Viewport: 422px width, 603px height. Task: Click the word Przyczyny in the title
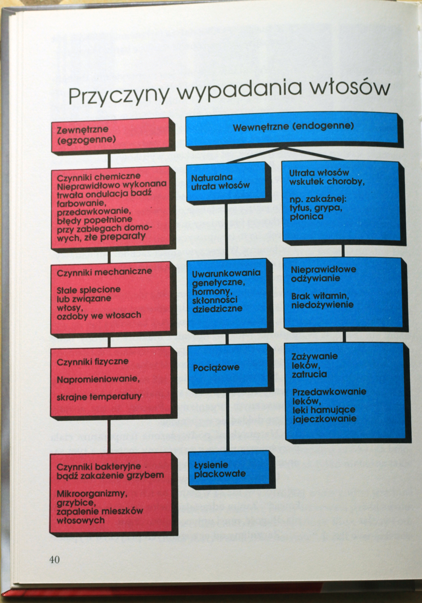coord(118,94)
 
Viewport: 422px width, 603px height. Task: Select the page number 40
coord(54,559)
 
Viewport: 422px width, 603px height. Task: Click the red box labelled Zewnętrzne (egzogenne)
coord(111,135)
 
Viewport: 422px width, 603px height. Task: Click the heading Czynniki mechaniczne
coord(104,271)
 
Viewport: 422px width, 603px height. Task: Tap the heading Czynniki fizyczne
coord(92,362)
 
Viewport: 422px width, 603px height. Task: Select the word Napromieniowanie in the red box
coord(98,379)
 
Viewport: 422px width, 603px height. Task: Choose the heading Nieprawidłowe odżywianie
coord(324,274)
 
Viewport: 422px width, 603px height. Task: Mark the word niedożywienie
coord(323,305)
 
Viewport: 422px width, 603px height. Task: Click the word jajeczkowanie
coord(324,419)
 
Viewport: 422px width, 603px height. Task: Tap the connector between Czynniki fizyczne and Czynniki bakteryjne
coord(109,435)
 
